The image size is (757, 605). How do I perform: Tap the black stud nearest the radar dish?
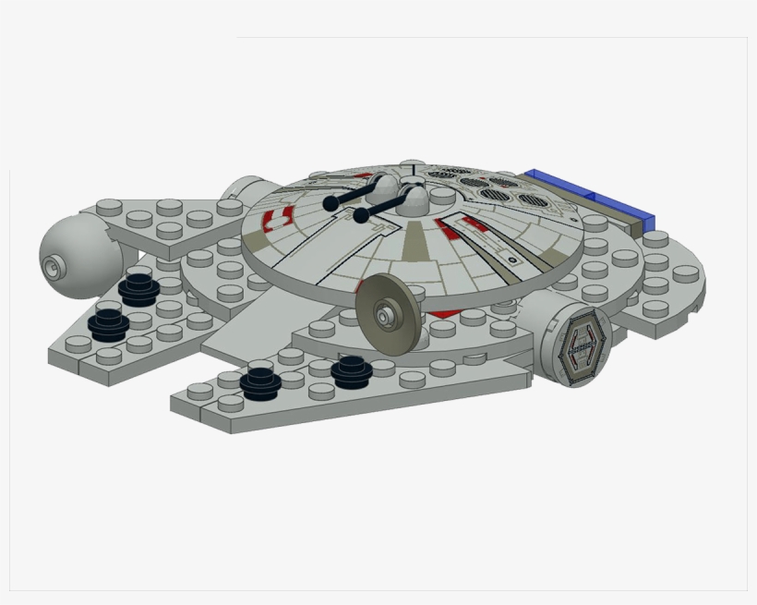351,368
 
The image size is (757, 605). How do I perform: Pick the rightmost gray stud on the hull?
684,272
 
